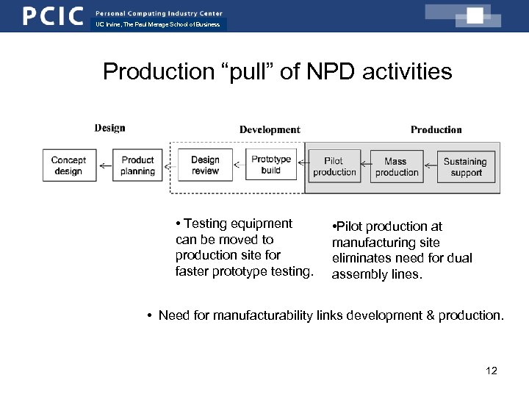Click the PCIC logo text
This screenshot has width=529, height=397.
coord(53,16)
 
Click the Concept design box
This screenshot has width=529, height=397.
coord(68,165)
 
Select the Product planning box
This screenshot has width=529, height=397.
coord(137,165)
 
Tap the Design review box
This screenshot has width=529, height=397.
coord(205,165)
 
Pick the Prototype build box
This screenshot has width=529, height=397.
coord(271,165)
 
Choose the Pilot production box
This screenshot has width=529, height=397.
coord(334,166)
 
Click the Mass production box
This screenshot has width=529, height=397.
coord(396,166)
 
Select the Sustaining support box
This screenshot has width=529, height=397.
coord(466,166)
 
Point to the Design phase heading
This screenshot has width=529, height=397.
coord(109,128)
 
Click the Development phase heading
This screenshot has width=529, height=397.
coord(270,130)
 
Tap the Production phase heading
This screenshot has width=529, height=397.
coord(436,130)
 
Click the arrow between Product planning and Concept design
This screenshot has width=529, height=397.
coord(106,166)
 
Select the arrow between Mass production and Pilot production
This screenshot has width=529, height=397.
coord(365,166)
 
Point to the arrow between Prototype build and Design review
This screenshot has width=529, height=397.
coord(240,166)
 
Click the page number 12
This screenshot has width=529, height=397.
coord(492,371)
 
